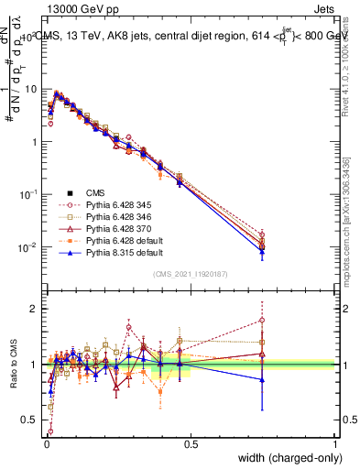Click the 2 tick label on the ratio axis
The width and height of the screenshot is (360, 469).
coord(33,309)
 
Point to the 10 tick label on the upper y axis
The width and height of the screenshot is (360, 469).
coord(30,89)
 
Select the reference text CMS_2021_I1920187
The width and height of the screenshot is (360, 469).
coord(190,274)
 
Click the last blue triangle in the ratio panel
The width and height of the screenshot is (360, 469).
coord(263,379)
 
